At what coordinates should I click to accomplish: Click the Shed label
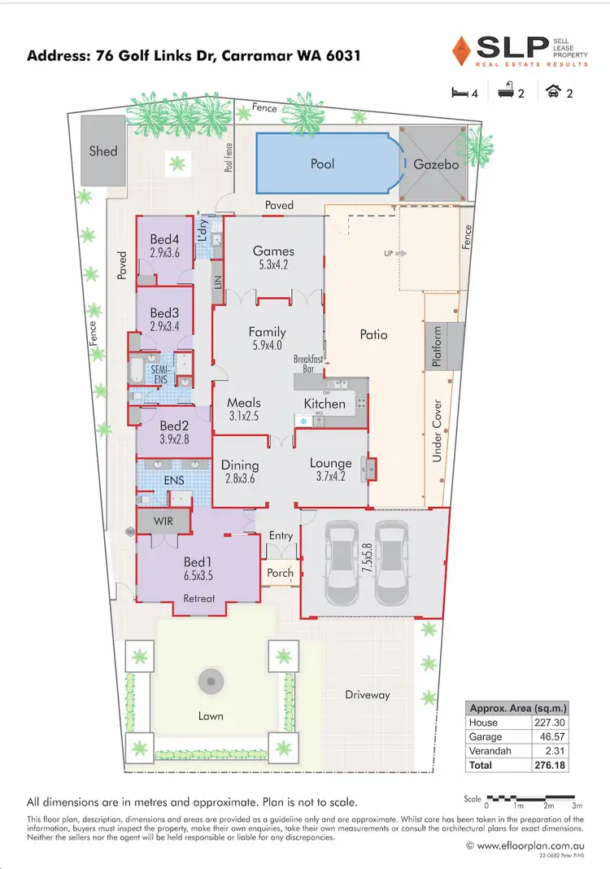[103, 151]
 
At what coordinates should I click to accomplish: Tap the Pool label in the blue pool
[323, 164]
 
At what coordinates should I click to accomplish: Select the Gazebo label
[436, 164]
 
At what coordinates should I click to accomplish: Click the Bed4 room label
[164, 239]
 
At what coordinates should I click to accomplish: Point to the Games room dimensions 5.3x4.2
[272, 264]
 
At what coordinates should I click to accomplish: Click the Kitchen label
[325, 404]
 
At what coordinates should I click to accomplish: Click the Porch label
[281, 573]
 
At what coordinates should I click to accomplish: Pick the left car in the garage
[342, 561]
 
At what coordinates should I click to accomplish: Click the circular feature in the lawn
[210, 679]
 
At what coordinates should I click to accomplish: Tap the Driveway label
[367, 695]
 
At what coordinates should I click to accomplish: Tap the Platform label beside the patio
[437, 347]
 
